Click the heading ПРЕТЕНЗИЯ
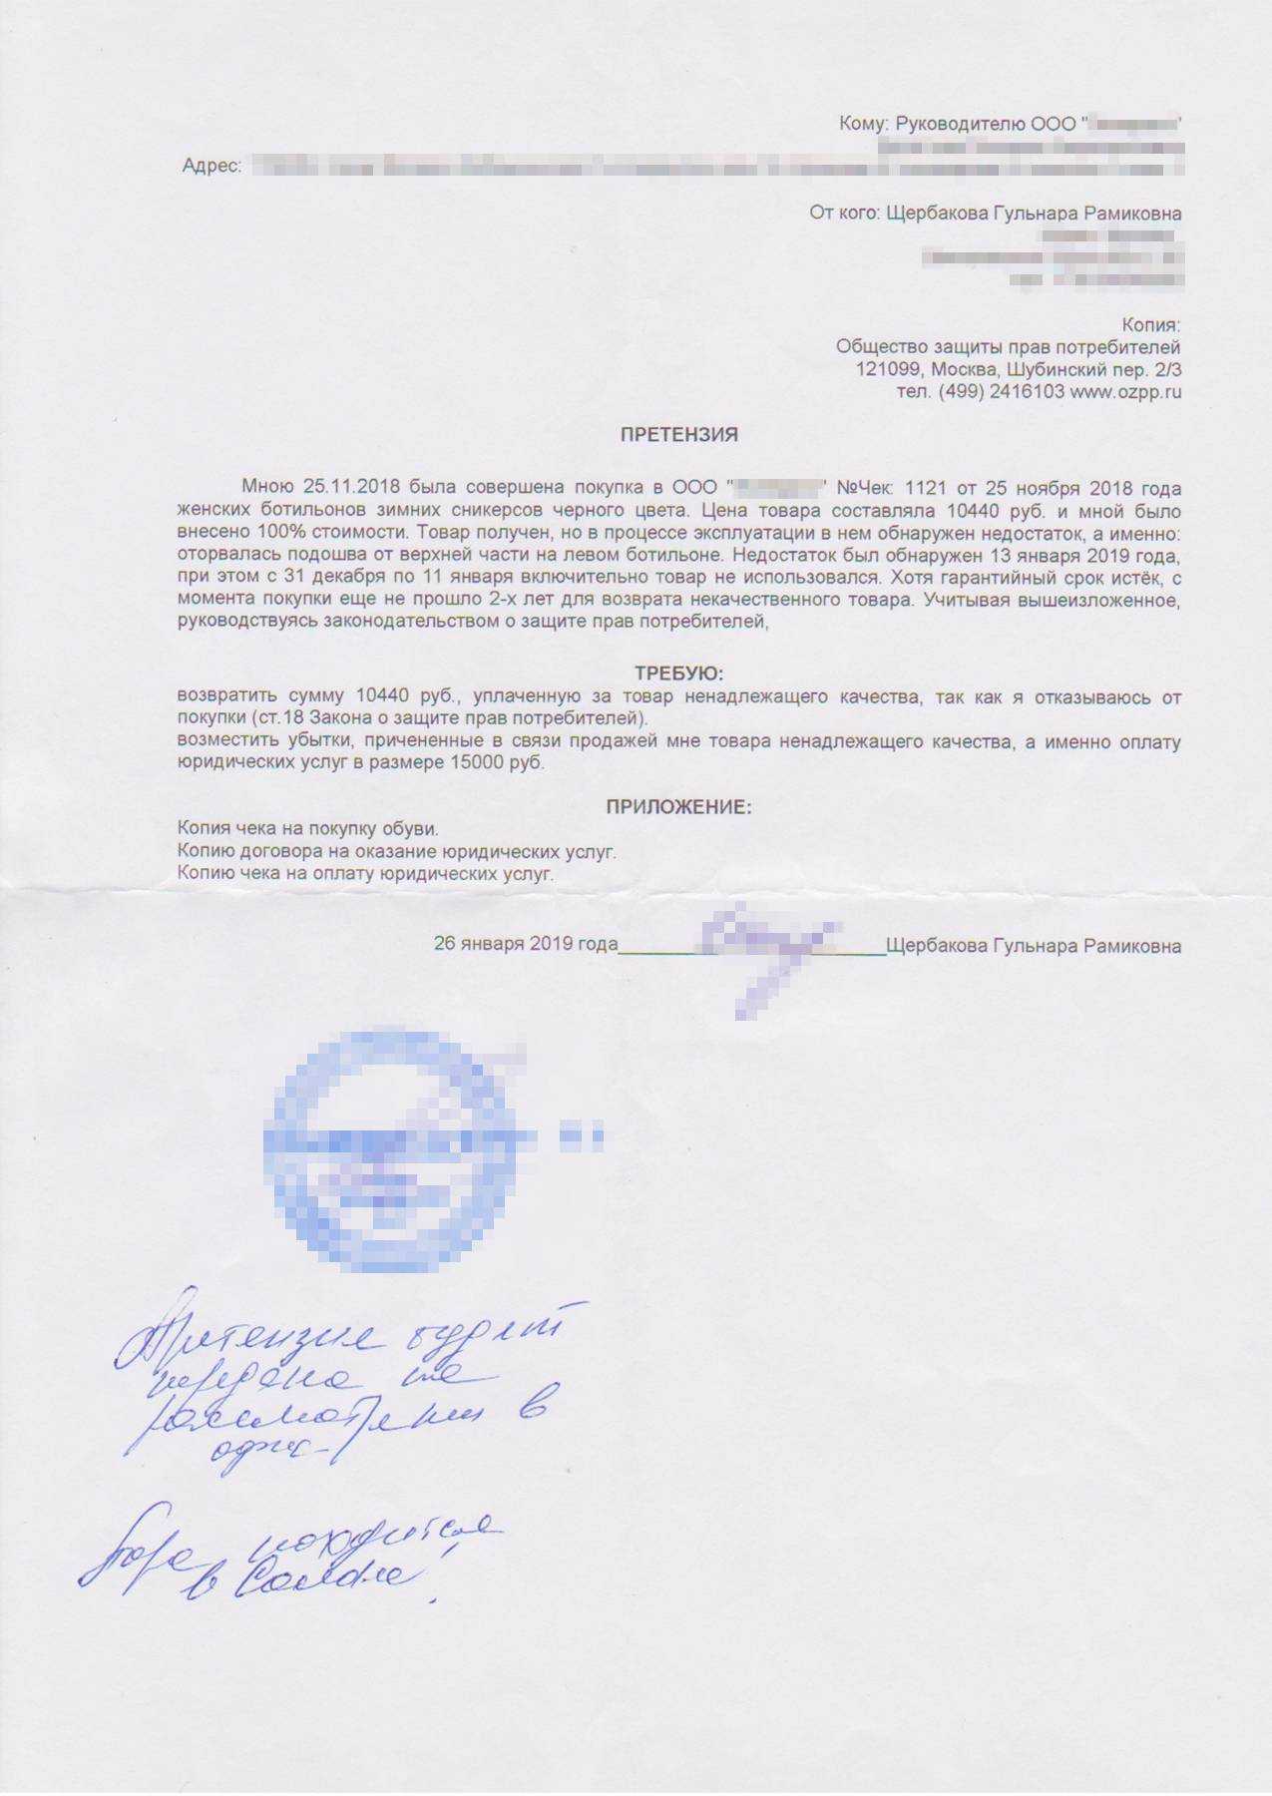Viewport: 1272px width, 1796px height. tap(678, 435)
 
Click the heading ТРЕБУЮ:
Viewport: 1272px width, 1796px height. tap(678, 673)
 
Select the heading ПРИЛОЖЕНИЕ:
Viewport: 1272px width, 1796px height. tap(678, 807)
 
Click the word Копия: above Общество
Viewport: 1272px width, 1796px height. tap(1150, 325)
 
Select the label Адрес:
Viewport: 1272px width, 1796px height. tap(212, 166)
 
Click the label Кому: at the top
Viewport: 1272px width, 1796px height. tap(863, 124)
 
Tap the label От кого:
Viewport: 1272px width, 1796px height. tap(844, 213)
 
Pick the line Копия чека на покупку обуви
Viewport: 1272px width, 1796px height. tap(307, 828)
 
